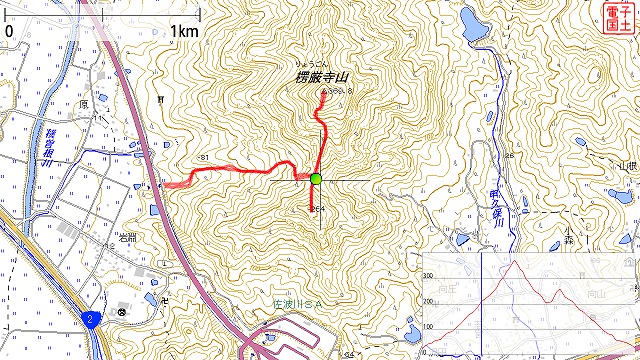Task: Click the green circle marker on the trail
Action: click(316, 179)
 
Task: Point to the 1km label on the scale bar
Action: click(184, 31)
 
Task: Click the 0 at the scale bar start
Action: click(9, 31)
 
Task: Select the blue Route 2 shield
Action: click(91, 319)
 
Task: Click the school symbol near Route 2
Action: click(122, 312)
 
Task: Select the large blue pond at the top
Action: click(476, 27)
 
